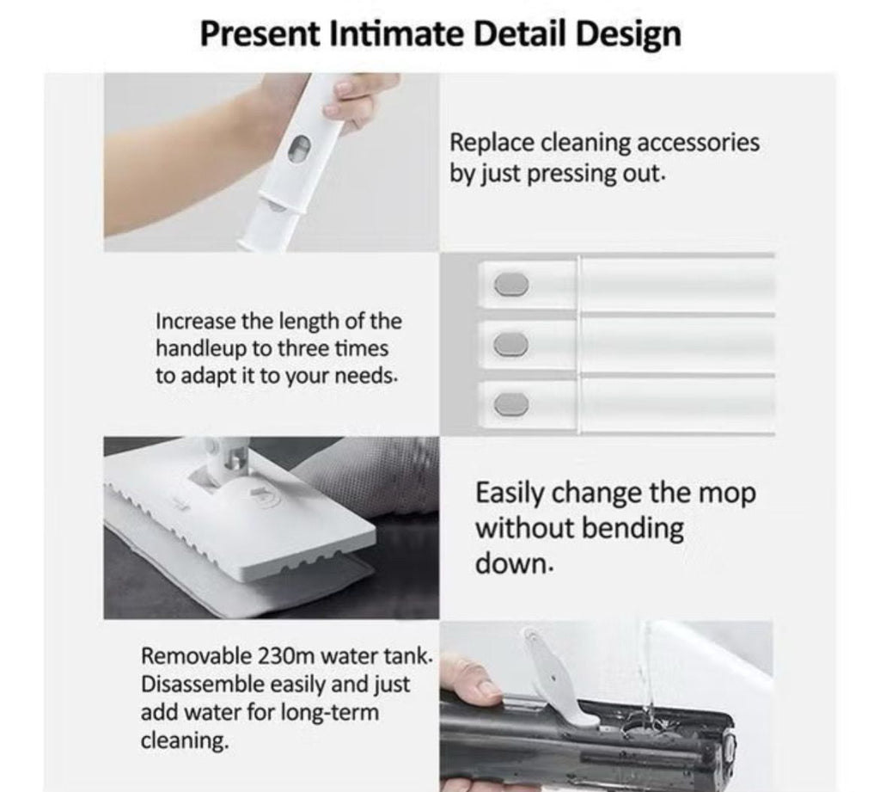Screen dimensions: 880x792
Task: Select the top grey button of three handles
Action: [511, 285]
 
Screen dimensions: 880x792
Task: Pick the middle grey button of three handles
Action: [510, 344]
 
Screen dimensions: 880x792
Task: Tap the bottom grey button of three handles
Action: [511, 404]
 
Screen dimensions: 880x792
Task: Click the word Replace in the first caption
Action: [492, 144]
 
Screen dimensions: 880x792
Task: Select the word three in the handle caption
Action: [304, 348]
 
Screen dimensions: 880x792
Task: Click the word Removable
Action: [197, 655]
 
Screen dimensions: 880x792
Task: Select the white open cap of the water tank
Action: [557, 678]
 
